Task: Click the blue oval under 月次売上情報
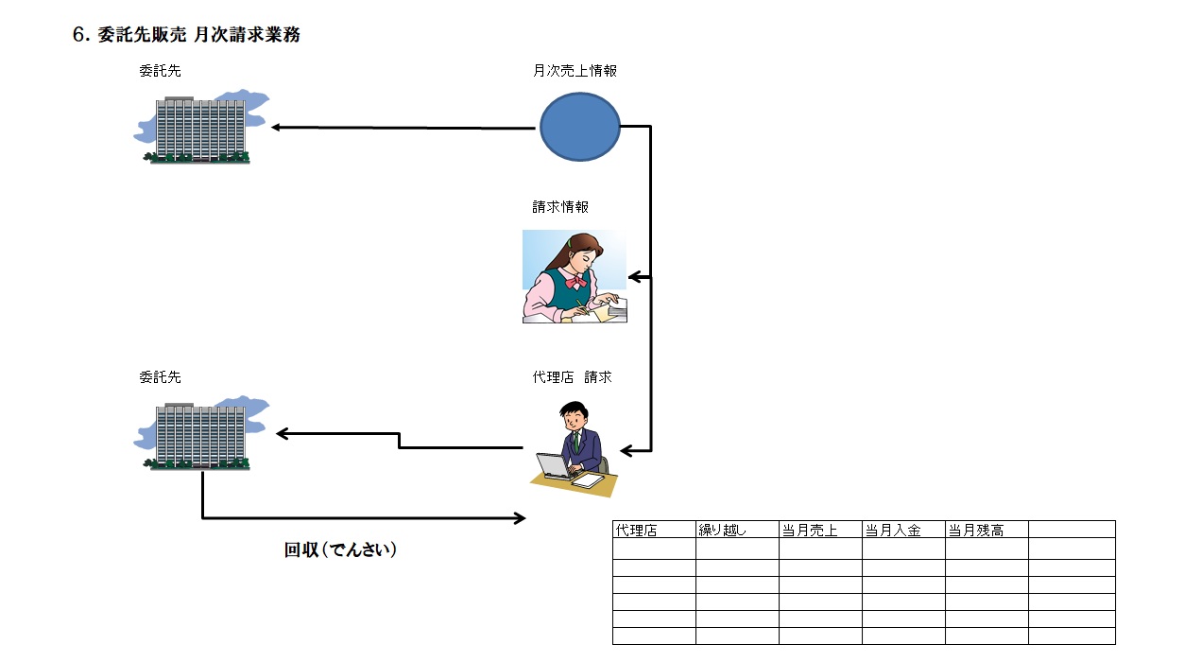pyautogui.click(x=580, y=127)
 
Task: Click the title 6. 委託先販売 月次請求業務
pyautogui.click(x=186, y=35)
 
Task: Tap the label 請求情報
pyautogui.click(x=560, y=206)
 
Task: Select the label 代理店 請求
pyautogui.click(x=572, y=376)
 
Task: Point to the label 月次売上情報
pyautogui.click(x=575, y=70)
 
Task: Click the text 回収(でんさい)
pyautogui.click(x=340, y=549)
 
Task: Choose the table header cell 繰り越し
pyautogui.click(x=722, y=530)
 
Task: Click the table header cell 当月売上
pyautogui.click(x=810, y=530)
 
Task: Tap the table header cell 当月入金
pyautogui.click(x=893, y=530)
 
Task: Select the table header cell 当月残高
pyautogui.click(x=976, y=530)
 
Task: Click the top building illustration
pyautogui.click(x=200, y=129)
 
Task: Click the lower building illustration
pyautogui.click(x=200, y=434)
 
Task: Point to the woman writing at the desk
pyautogui.click(x=574, y=276)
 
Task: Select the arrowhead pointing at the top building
pyautogui.click(x=276, y=127)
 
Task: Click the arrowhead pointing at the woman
pyautogui.click(x=634, y=277)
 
